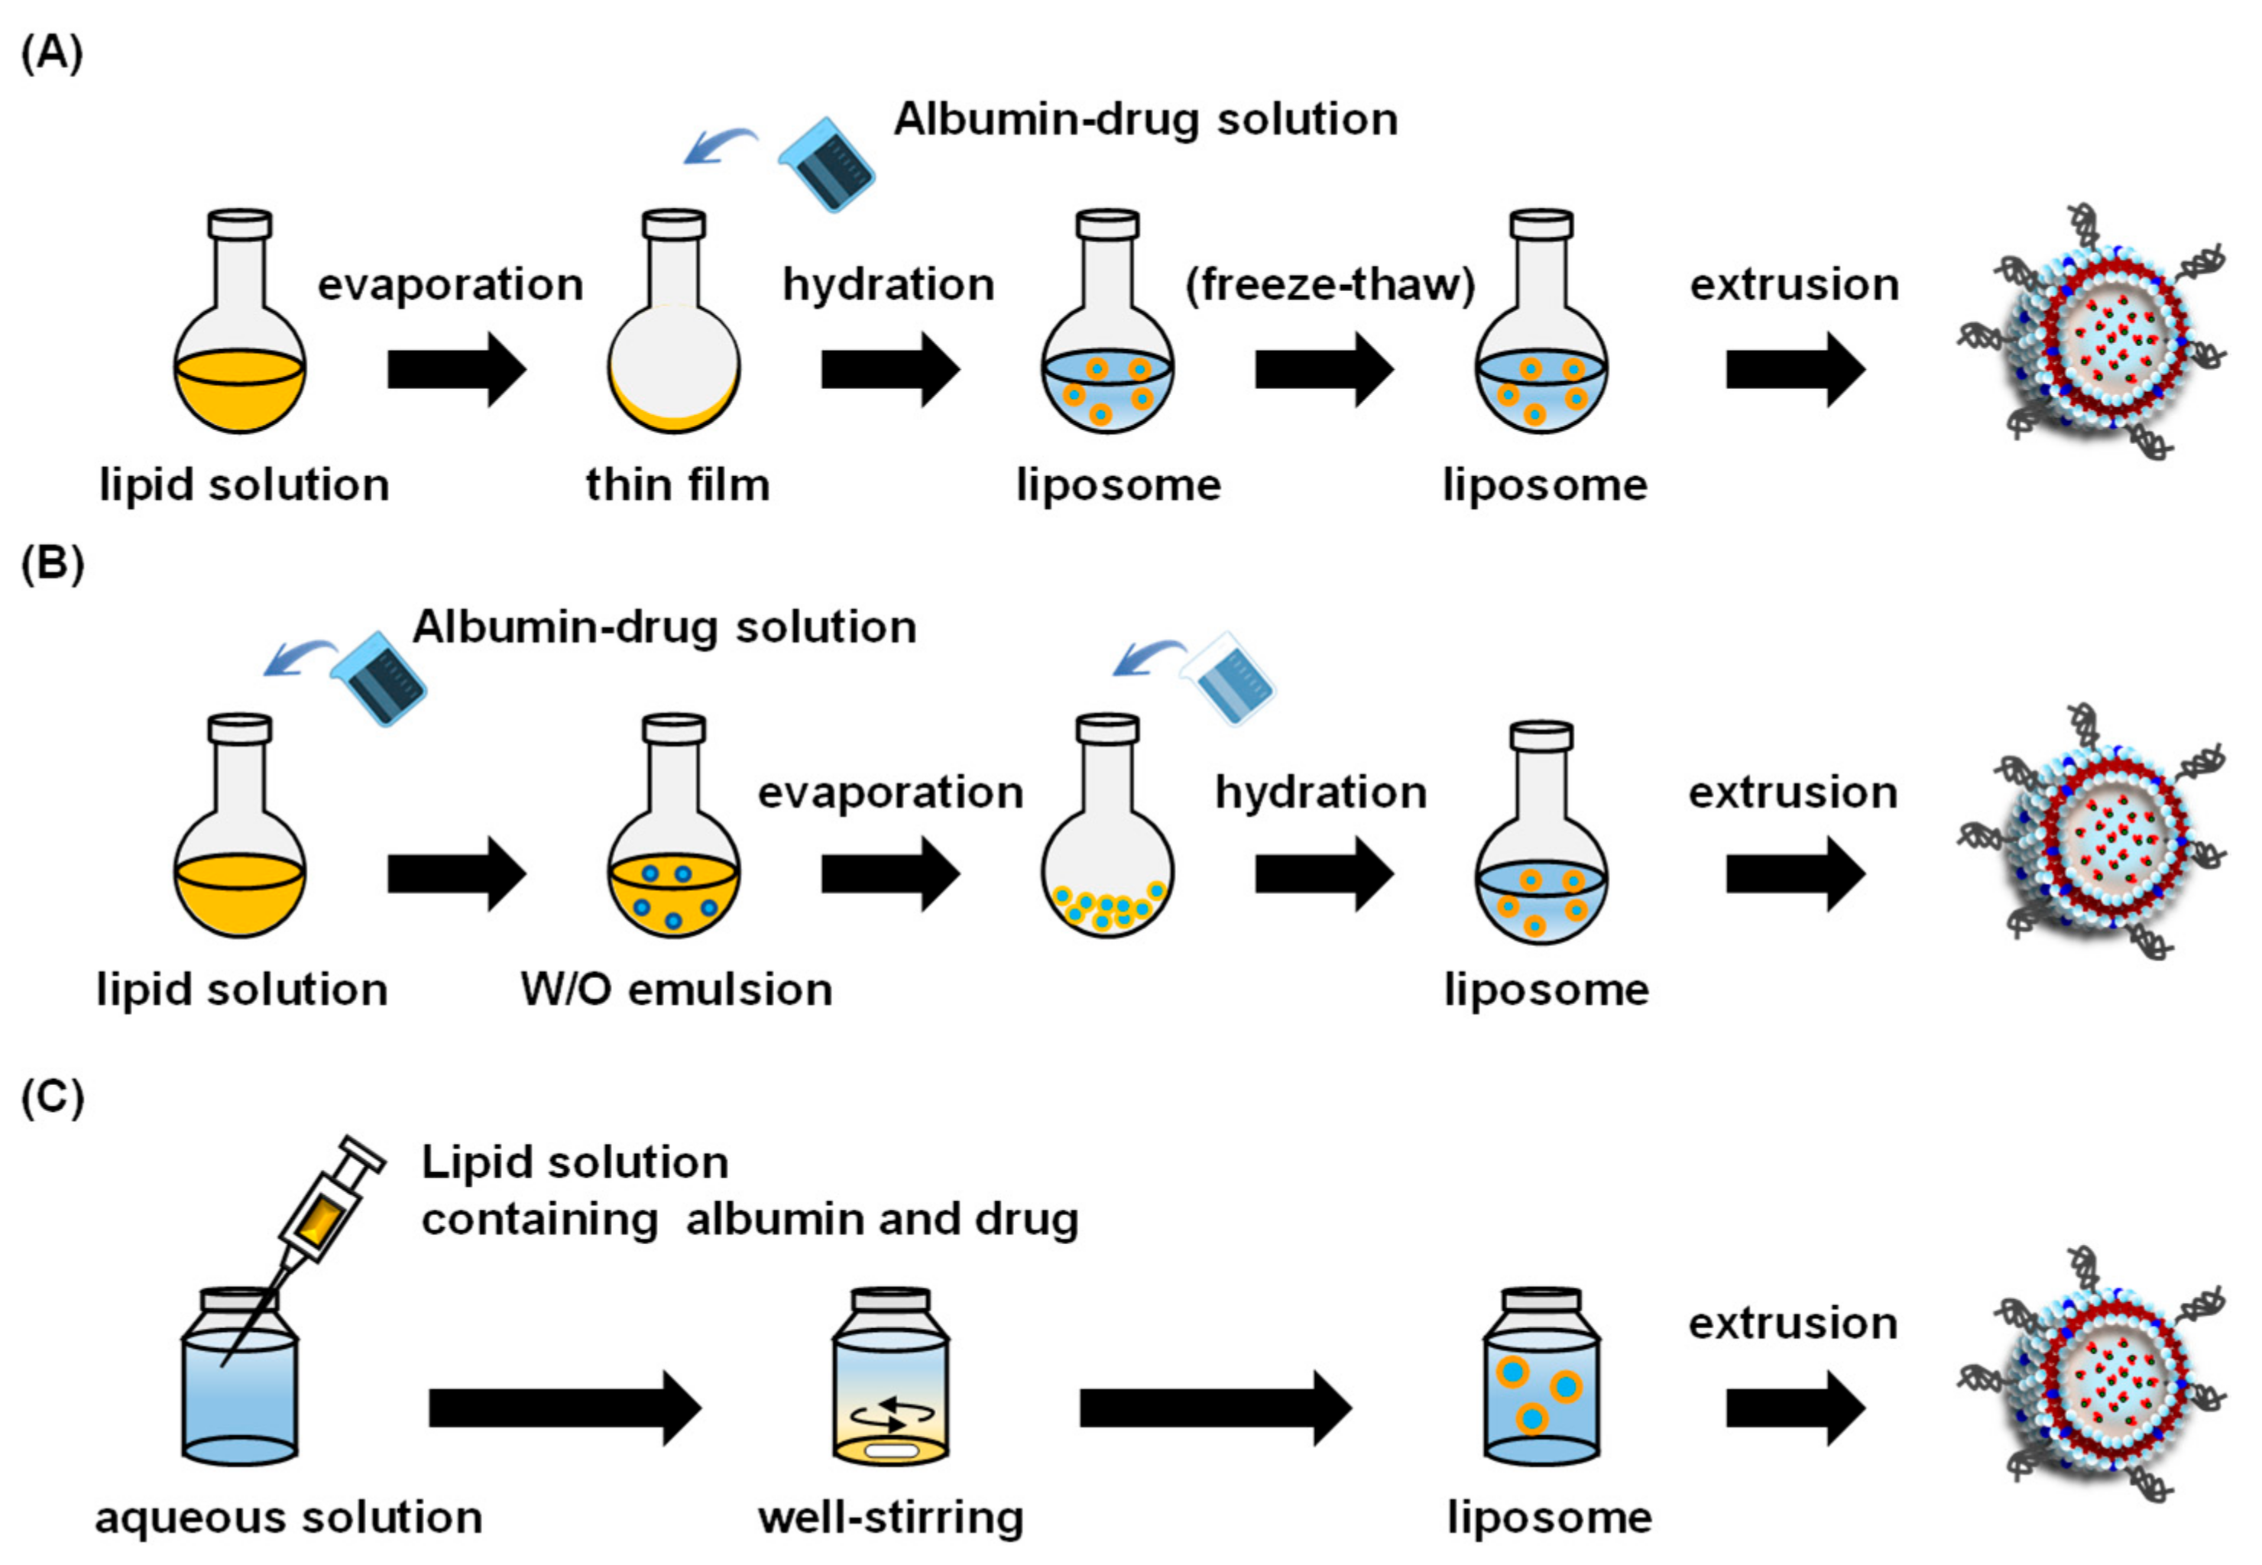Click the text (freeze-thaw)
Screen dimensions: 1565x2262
[1330, 284]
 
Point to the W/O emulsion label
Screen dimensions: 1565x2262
[676, 990]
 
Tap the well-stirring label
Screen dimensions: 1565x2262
[890, 1517]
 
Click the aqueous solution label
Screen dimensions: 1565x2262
[288, 1517]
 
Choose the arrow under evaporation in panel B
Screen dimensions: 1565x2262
[890, 873]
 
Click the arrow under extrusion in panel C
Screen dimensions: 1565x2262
[1794, 1408]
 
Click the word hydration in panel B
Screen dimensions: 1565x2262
[1321, 792]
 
